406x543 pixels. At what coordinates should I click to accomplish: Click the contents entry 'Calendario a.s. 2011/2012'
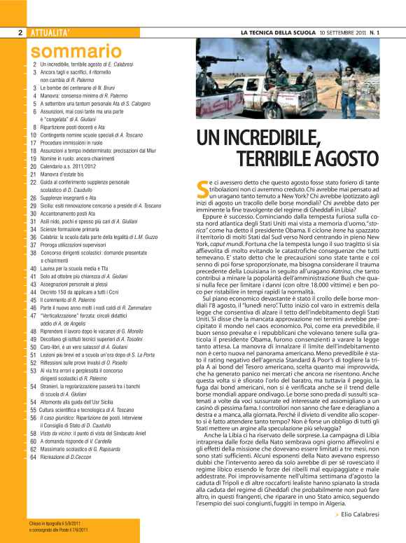(69, 167)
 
